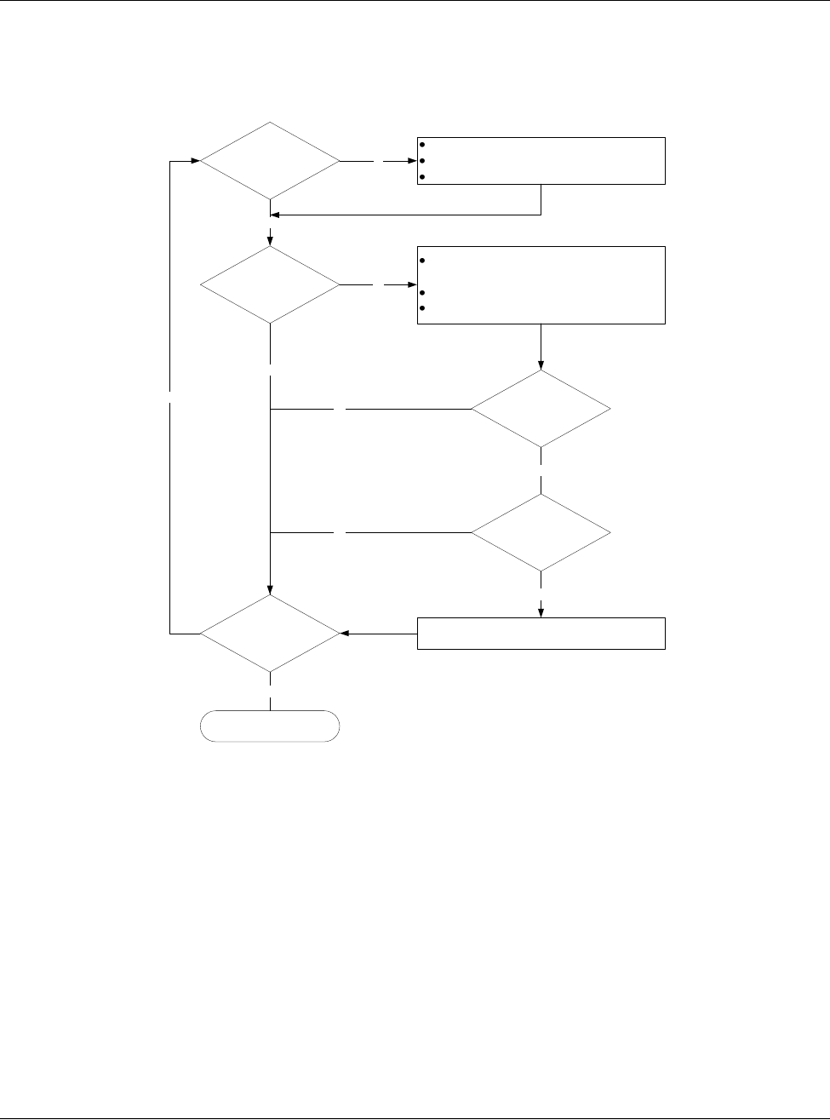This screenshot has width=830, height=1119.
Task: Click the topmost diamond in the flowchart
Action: [270, 160]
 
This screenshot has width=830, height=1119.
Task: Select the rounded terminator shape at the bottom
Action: [270, 726]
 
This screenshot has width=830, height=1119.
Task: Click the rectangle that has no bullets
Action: [541, 633]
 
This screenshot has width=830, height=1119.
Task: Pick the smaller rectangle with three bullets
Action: [541, 160]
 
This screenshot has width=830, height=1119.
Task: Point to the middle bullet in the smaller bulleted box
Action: [422, 161]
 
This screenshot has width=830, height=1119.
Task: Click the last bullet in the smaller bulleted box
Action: [422, 177]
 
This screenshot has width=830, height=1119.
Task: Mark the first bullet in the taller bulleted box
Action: [422, 261]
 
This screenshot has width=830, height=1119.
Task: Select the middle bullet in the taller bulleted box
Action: [422, 293]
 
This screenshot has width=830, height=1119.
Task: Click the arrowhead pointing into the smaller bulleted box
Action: [412, 160]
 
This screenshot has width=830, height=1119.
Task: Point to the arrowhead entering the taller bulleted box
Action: [412, 284]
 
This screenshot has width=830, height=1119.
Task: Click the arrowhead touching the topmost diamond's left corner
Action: [195, 160]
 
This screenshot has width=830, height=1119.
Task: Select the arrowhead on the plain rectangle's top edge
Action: [541, 611]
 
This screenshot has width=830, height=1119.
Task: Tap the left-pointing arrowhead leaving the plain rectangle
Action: [344, 633]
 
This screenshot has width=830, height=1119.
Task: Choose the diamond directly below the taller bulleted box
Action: [541, 409]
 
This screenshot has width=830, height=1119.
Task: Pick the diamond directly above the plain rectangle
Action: [541, 532]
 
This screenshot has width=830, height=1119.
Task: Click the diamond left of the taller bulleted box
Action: [270, 284]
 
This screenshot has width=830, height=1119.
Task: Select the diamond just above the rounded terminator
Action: [270, 633]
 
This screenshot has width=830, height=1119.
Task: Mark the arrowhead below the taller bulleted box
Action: [541, 365]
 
